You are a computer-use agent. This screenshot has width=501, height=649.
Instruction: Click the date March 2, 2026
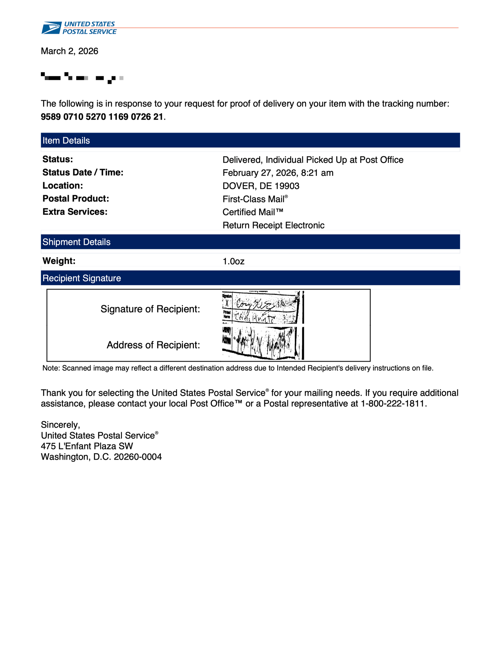69,51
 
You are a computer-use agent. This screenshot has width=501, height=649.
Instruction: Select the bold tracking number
102,117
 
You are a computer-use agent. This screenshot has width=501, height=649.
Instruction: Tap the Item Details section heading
66,141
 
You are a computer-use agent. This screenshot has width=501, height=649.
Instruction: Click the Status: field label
58,159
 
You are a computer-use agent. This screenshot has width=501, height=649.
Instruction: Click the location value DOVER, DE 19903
261,186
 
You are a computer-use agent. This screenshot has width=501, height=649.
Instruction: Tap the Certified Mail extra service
253,212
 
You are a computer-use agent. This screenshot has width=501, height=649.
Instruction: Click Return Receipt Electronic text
273,225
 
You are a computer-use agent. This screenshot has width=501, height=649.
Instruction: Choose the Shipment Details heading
77,242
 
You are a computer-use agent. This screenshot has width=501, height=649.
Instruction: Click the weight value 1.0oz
233,261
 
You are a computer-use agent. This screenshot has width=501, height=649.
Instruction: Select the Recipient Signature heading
82,278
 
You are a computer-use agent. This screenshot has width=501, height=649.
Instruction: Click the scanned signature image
263,307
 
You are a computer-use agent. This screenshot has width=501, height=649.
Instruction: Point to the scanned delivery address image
263,343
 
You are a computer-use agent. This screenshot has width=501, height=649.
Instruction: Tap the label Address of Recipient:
153,345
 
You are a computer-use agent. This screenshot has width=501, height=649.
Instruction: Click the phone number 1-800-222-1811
392,404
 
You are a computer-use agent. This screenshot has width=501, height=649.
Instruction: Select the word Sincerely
60,425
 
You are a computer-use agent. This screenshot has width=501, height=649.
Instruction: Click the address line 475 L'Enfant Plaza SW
87,446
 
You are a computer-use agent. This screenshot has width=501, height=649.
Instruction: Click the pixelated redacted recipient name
82,78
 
